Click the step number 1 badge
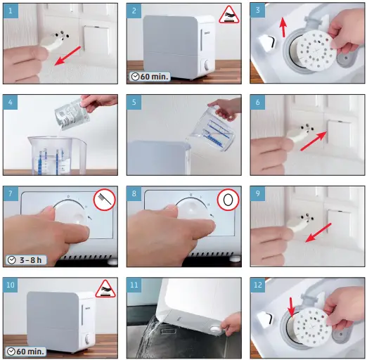point(11,11)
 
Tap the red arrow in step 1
point(68,56)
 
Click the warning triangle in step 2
point(229,15)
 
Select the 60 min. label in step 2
point(150,77)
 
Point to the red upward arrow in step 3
point(283,27)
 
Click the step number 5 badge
point(134,102)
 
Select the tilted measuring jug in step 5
point(212,128)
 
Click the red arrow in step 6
point(314,141)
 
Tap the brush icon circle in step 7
point(105,200)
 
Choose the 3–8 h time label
point(26,260)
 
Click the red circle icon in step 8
point(228,200)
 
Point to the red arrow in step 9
point(318,232)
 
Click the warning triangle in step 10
point(105,289)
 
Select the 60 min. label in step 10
point(26,352)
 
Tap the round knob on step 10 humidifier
point(87,339)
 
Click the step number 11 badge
point(134,285)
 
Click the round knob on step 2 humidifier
point(207,65)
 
